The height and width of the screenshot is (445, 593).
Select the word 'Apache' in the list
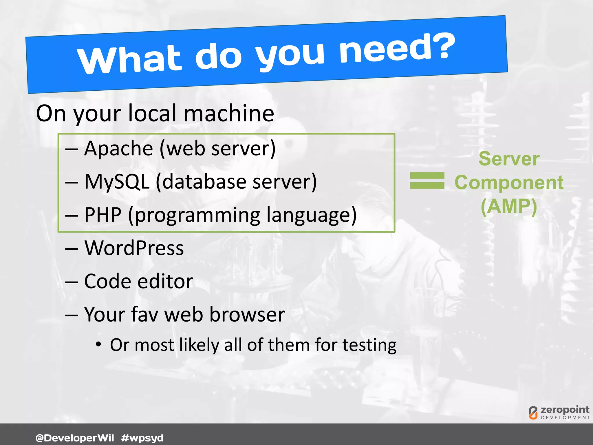coord(118,149)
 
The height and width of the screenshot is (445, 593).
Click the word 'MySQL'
coord(117,182)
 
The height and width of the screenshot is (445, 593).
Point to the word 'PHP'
coord(103,215)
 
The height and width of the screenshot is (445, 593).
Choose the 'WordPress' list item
coord(134,248)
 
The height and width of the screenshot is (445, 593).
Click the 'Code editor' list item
coord(139,281)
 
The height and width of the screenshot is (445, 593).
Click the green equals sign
coord(427,180)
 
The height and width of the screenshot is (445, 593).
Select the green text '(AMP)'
coord(509,206)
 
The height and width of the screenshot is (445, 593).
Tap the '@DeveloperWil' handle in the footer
coord(75,438)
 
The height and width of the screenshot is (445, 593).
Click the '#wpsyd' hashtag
coord(142,438)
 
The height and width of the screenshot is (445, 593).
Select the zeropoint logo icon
coord(533,413)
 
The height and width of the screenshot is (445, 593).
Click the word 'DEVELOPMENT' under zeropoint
coord(565,417)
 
